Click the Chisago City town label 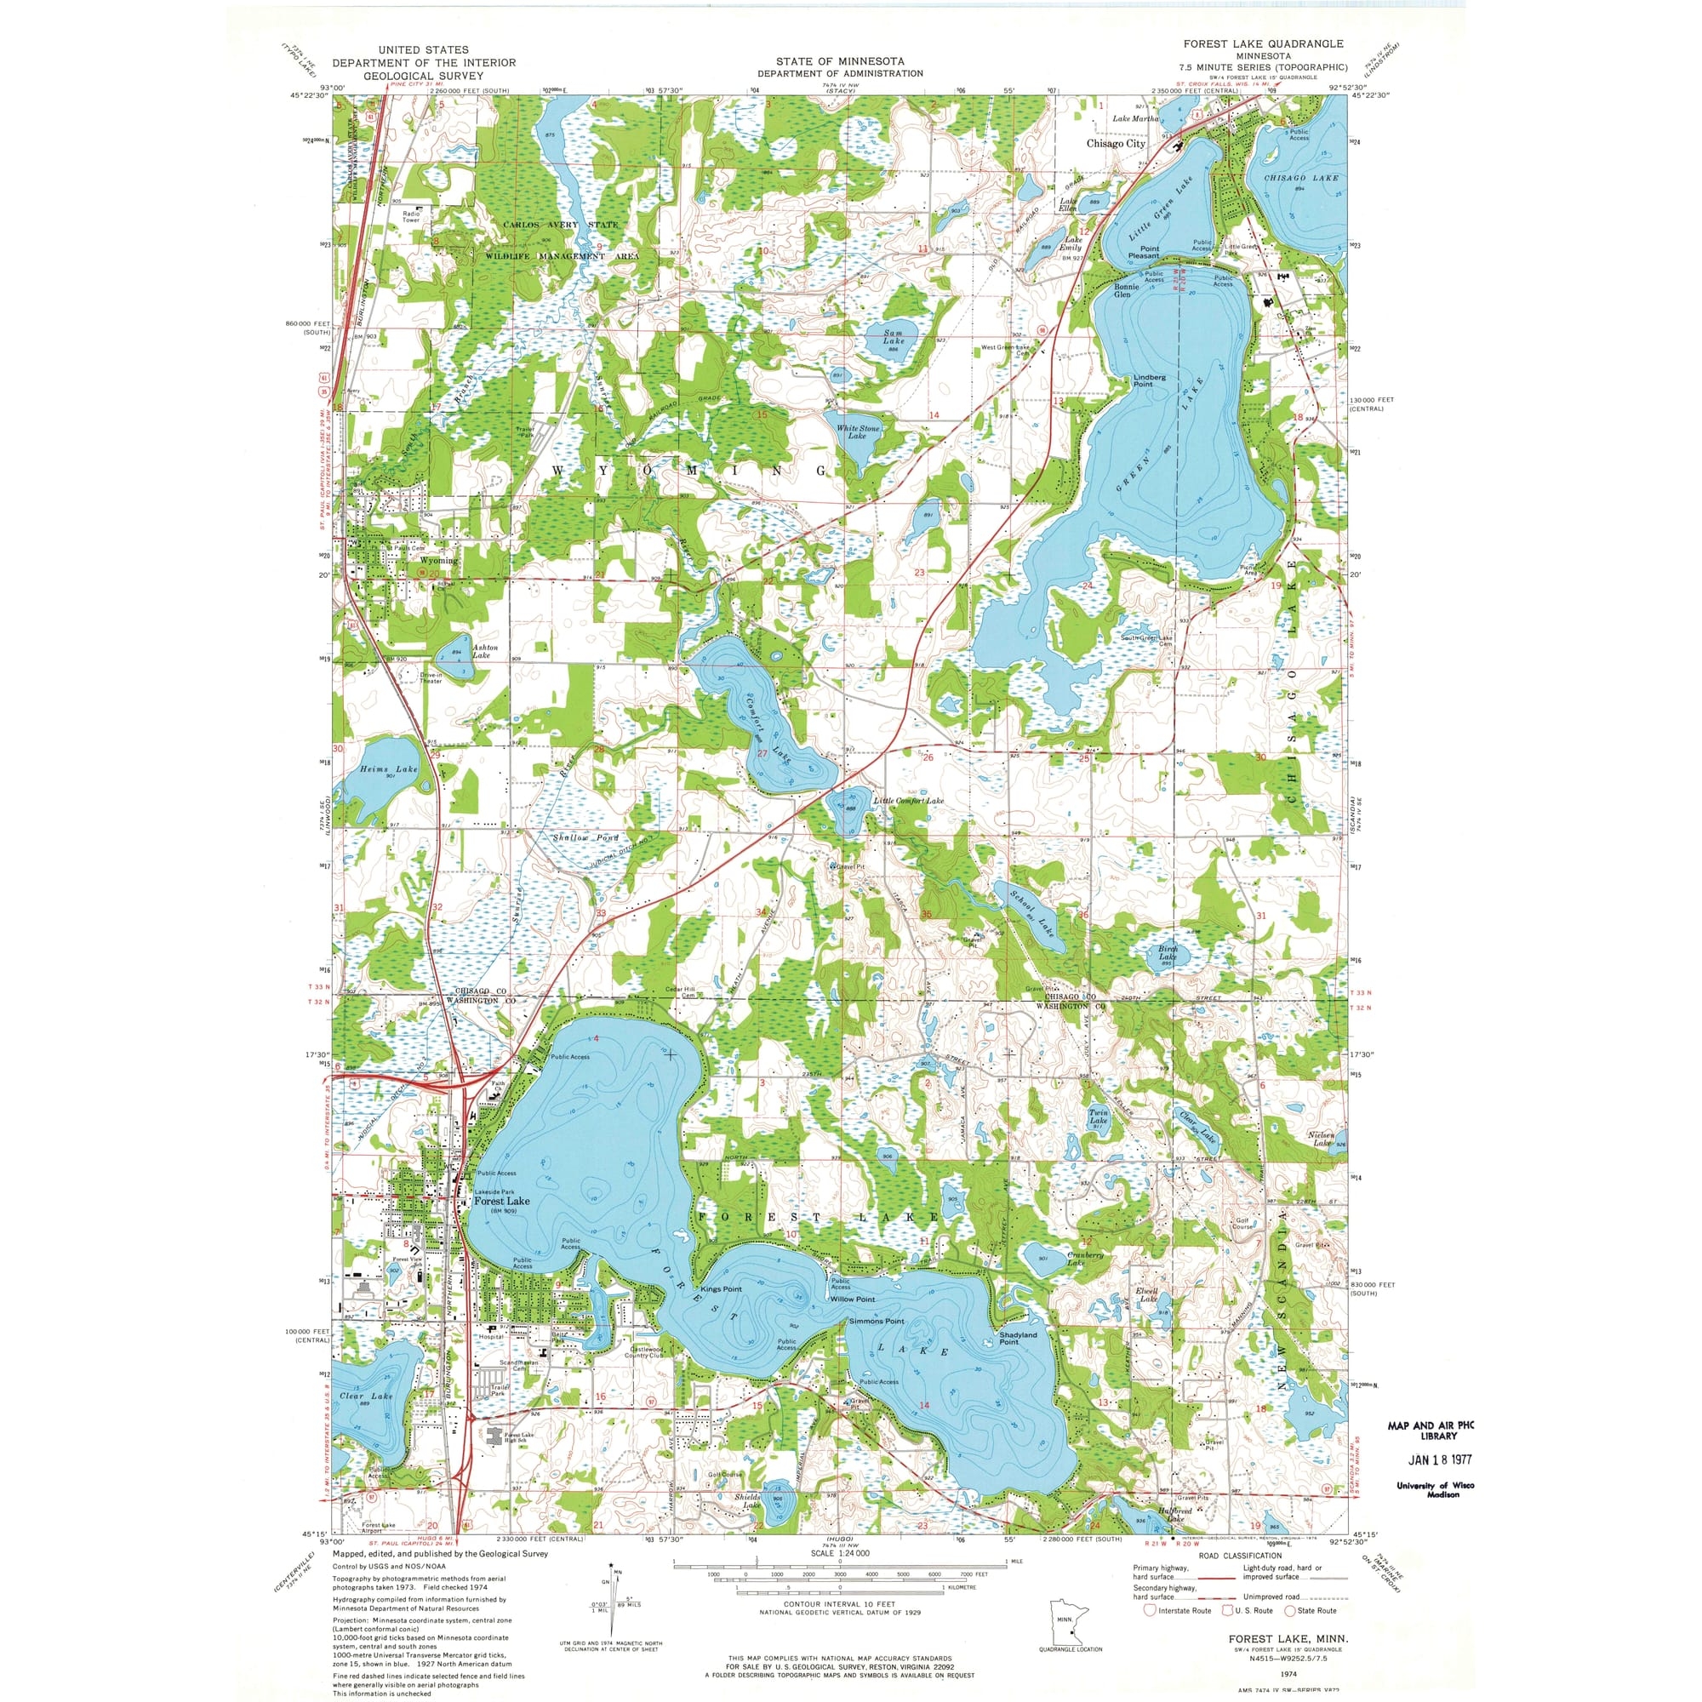[x=1116, y=144]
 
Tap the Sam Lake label [x=894, y=339]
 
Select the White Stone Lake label [x=857, y=431]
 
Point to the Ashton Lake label [x=484, y=651]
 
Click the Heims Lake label [x=389, y=769]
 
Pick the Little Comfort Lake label [x=908, y=801]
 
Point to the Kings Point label [x=722, y=1288]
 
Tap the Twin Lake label [x=1098, y=1117]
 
